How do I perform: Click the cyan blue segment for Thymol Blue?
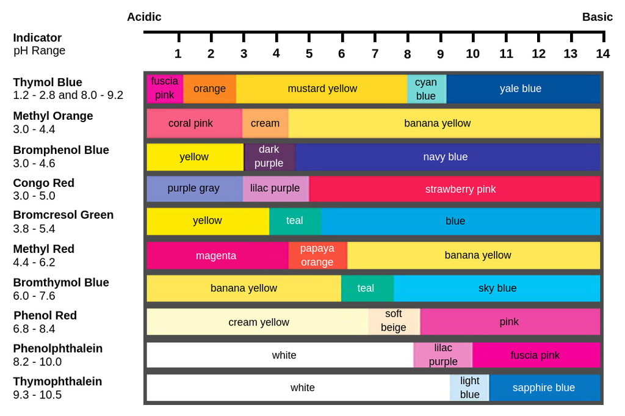[x=427, y=89]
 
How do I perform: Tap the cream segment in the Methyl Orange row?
[x=265, y=123]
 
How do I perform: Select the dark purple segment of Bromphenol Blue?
[x=269, y=157]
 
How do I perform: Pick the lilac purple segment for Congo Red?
[x=276, y=189]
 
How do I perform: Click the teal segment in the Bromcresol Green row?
[x=295, y=221]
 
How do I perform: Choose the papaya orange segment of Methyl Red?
[x=317, y=255]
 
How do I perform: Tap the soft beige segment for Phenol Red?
[x=394, y=321]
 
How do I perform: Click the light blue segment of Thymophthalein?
[x=469, y=388]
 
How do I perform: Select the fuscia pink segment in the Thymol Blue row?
[x=165, y=89]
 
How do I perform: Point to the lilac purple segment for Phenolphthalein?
[x=443, y=355]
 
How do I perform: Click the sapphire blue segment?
[x=544, y=388]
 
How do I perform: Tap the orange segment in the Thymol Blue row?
[x=210, y=89]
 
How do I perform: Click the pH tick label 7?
[x=375, y=54]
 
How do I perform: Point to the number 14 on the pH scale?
[x=602, y=54]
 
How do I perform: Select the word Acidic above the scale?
[x=144, y=17]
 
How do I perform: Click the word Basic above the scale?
[x=597, y=17]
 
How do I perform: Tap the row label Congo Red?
[x=44, y=183]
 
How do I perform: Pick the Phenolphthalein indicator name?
[x=58, y=349]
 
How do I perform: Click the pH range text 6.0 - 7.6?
[x=34, y=296]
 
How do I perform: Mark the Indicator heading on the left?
[x=37, y=38]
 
